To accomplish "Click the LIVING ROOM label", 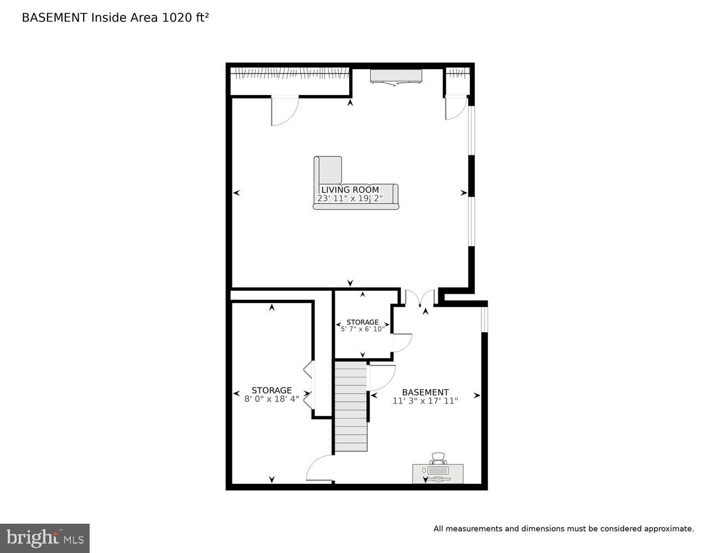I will pyautogui.click(x=350, y=190).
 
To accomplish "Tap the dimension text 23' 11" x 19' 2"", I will pyautogui.click(x=350, y=199).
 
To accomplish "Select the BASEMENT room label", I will pyautogui.click(x=425, y=392).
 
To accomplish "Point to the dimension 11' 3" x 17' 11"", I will pyautogui.click(x=425, y=401).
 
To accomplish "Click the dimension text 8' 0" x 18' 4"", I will pyautogui.click(x=271, y=399).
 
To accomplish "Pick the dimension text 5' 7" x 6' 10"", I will pyautogui.click(x=362, y=329).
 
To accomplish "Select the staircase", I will pyautogui.click(x=351, y=406).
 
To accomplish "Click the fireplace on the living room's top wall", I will pyautogui.click(x=396, y=77).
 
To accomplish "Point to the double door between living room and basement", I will pyautogui.click(x=420, y=298).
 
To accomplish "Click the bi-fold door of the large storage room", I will pyautogui.click(x=308, y=385).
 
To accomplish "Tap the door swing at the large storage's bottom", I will pyautogui.click(x=320, y=469).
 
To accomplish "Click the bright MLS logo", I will pyautogui.click(x=44, y=538).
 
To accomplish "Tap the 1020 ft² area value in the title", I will pyautogui.click(x=185, y=18).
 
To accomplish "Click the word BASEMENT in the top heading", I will pyautogui.click(x=54, y=18).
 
